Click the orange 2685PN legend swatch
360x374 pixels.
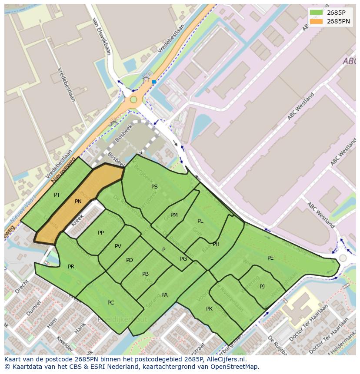pyautogui.click(x=316, y=21)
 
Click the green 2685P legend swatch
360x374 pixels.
pyautogui.click(x=316, y=13)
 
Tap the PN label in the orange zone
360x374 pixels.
pyautogui.click(x=78, y=202)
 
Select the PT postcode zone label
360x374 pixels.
pyautogui.click(x=57, y=195)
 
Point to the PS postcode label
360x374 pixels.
pyautogui.click(x=154, y=187)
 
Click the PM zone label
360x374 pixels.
pyautogui.click(x=174, y=215)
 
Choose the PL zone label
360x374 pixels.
pyautogui.click(x=200, y=221)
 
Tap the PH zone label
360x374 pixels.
pyautogui.click(x=216, y=244)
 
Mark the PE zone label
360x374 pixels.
pyautogui.click(x=270, y=258)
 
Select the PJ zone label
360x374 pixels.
pyautogui.click(x=262, y=287)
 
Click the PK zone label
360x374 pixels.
pyautogui.click(x=209, y=309)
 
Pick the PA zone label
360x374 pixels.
pyautogui.click(x=164, y=295)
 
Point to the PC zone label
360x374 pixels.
pyautogui.click(x=110, y=303)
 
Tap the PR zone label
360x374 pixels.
pyautogui.click(x=71, y=267)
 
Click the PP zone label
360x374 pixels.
pyautogui.click(x=101, y=233)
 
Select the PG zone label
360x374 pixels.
pyautogui.click(x=183, y=259)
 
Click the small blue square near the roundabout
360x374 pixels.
pyautogui.click(x=154, y=82)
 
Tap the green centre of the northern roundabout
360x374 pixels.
pyautogui.click(x=133, y=100)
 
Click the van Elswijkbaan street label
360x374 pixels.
pyautogui.click(x=101, y=36)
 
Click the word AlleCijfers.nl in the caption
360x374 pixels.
pyautogui.click(x=225, y=359)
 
